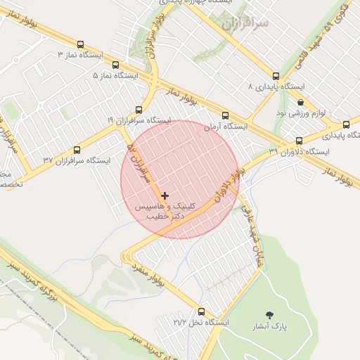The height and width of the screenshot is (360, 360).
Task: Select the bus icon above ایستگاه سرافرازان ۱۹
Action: pos(139,110)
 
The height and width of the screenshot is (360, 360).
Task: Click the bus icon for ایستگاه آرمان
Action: pos(225,115)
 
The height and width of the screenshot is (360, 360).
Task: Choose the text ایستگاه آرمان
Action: pos(226,127)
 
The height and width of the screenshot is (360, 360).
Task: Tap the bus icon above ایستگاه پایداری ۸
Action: pos(276,75)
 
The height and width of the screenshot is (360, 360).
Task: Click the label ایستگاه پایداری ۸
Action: pos(276,86)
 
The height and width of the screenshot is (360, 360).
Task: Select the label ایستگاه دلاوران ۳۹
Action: pos(299,152)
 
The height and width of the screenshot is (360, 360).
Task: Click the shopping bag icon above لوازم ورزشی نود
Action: pos(300,102)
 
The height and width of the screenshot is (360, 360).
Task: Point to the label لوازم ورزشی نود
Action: pos(300,112)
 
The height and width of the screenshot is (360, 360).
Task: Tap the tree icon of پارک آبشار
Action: pos(270,315)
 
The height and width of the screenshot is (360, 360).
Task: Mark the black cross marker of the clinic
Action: pos(165,195)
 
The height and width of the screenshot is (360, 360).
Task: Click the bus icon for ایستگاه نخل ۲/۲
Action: pos(202,311)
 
